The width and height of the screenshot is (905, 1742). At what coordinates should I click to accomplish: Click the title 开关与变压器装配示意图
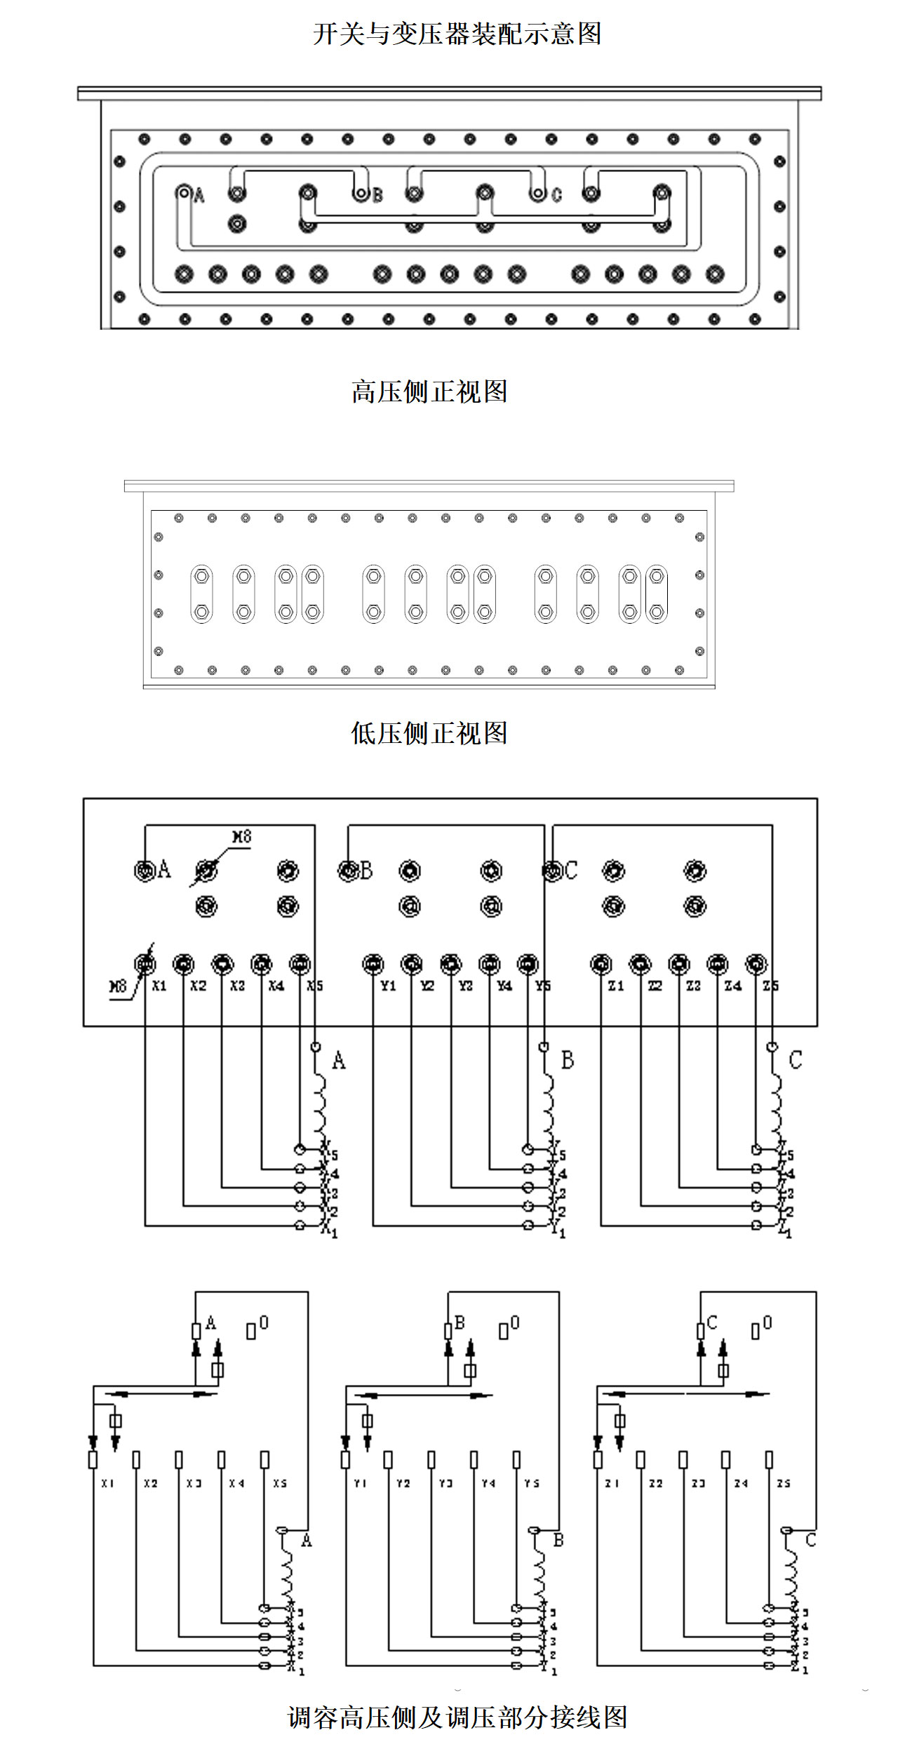point(457,34)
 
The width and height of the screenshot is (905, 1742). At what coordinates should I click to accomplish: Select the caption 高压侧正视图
point(429,391)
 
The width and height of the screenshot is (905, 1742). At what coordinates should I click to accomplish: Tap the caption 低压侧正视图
point(429,733)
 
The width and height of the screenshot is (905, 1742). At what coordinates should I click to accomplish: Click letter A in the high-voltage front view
point(199,196)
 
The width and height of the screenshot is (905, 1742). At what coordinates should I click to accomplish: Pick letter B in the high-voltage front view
point(377,195)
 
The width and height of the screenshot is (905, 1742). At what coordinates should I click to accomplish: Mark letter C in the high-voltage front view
point(556,195)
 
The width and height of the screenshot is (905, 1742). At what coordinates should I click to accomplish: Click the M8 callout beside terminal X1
point(118,986)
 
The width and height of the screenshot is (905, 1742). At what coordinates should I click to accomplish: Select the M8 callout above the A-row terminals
point(241,837)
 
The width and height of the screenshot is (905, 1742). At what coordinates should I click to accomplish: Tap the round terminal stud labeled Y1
point(373,965)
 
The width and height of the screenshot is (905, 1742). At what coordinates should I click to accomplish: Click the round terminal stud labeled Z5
point(756,965)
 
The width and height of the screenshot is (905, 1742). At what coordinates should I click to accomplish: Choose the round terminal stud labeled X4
point(261,965)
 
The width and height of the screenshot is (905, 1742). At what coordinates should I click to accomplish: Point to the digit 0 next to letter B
point(515,1322)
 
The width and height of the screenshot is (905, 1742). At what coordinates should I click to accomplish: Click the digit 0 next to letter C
point(767,1322)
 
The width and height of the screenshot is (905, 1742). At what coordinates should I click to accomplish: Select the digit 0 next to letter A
point(264,1322)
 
